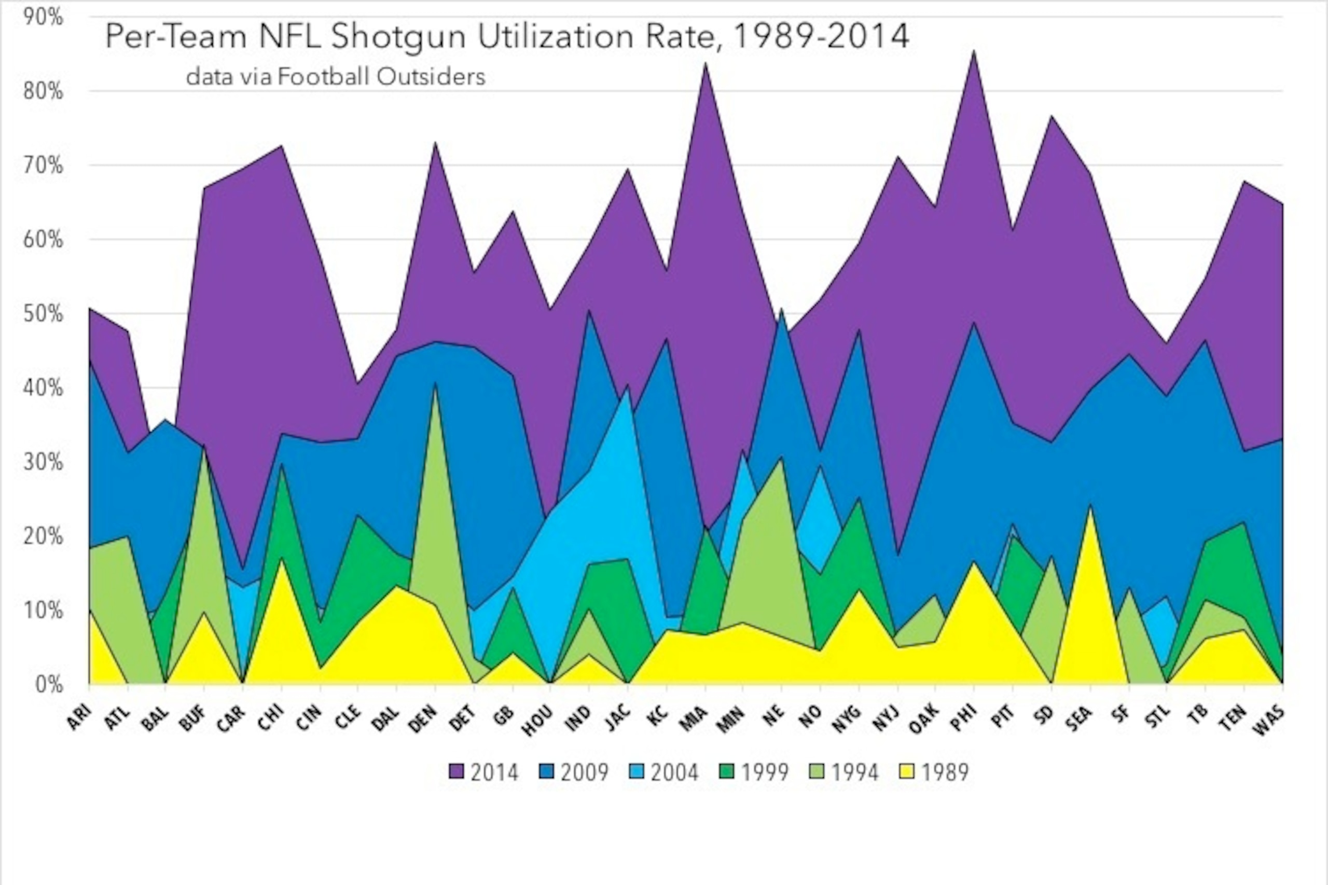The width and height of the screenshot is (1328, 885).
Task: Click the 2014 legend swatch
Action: pos(455,771)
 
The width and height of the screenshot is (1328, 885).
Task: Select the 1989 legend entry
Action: pos(932,771)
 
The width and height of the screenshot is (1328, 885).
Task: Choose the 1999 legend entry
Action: pos(752,771)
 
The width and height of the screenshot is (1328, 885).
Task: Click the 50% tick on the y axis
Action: pos(44,314)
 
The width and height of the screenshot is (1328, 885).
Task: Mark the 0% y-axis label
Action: pos(49,684)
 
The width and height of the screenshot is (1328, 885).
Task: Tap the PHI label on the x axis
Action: pos(962,718)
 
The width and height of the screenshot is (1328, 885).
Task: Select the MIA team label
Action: pos(694,718)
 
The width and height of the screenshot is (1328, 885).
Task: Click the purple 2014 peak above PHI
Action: pos(974,51)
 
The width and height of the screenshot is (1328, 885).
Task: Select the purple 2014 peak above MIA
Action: pos(706,63)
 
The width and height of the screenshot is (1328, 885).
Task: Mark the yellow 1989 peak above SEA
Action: pos(1090,506)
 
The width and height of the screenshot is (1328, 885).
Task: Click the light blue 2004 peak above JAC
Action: pos(628,385)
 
